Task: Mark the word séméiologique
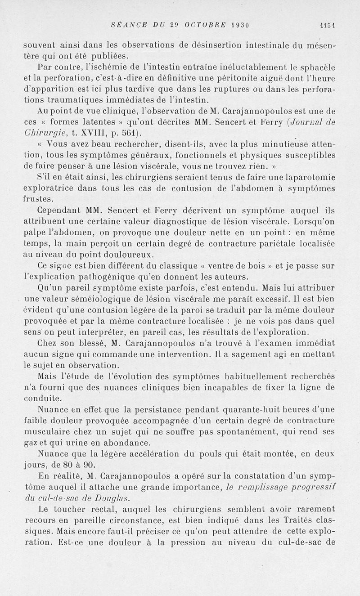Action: [x=108, y=298]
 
